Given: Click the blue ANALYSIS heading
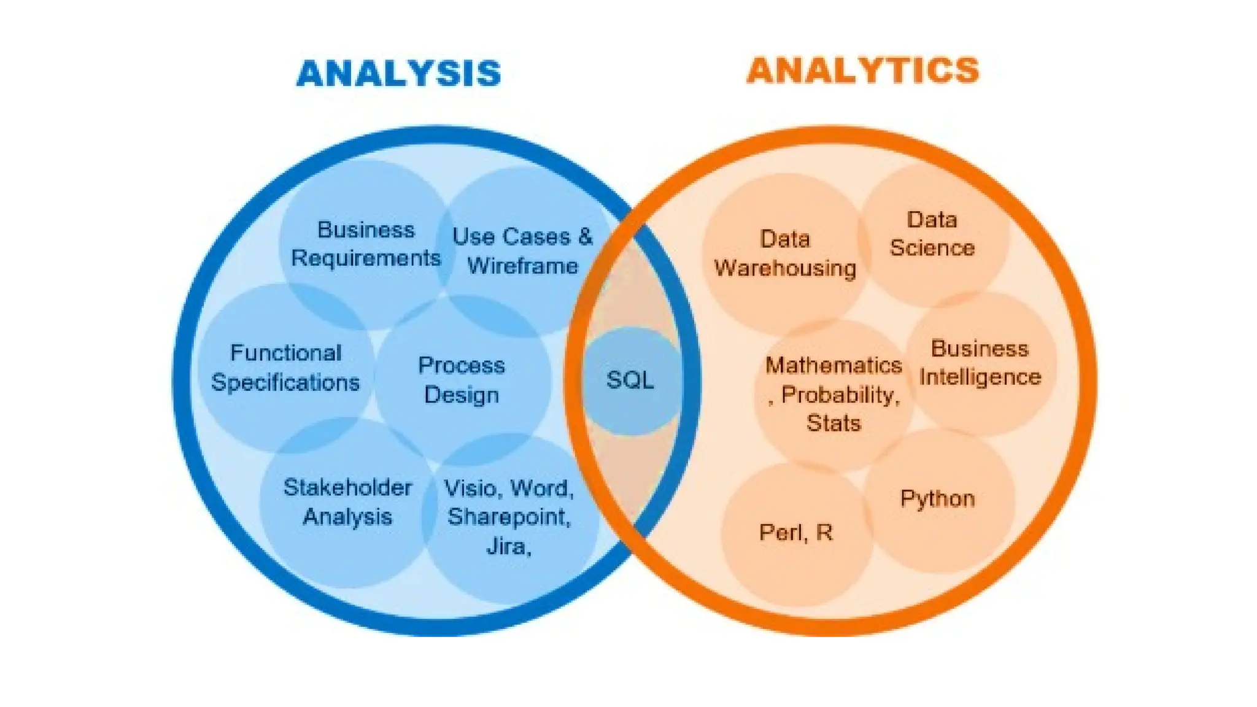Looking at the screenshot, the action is tap(399, 74).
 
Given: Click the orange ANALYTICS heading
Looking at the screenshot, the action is tap(863, 70).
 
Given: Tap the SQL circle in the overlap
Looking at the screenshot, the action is tap(630, 381).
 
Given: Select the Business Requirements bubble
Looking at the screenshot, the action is tap(366, 244).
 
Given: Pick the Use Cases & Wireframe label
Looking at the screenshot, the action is tap(522, 251).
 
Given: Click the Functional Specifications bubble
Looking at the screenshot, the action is tap(285, 368).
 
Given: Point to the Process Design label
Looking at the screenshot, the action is tap(462, 380).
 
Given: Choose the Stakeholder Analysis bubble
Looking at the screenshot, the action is tap(347, 502).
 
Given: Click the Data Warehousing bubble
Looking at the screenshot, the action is tap(785, 253).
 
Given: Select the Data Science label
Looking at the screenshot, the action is tap(932, 234).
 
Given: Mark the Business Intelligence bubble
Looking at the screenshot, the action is tap(980, 363).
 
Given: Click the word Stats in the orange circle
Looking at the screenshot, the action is tap(833, 423).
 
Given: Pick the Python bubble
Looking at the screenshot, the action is tap(937, 499).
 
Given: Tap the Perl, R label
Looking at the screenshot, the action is tap(796, 532).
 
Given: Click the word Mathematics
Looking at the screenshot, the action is tap(833, 365).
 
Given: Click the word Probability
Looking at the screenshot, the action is tap(840, 395).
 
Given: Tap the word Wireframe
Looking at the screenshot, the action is tap(522, 266).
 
